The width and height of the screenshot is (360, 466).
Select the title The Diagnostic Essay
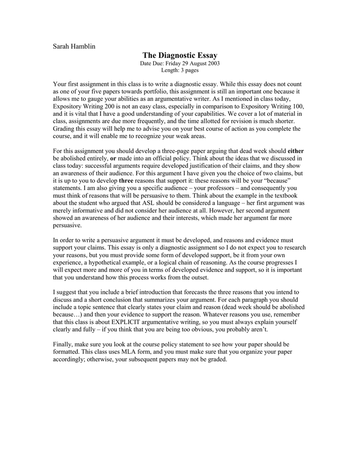pos(180,55)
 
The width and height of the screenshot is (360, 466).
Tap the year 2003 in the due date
pos(213,63)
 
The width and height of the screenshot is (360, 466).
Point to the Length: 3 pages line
pos(180,70)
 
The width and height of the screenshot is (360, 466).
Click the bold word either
pos(296,151)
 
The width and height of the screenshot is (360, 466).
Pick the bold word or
pos(113,158)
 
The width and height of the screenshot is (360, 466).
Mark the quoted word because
pos(274,180)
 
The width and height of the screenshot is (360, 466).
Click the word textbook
pos(292,195)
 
